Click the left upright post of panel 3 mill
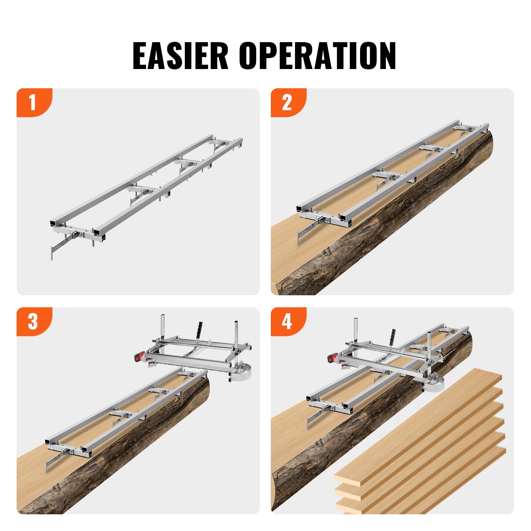tap(163, 327)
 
